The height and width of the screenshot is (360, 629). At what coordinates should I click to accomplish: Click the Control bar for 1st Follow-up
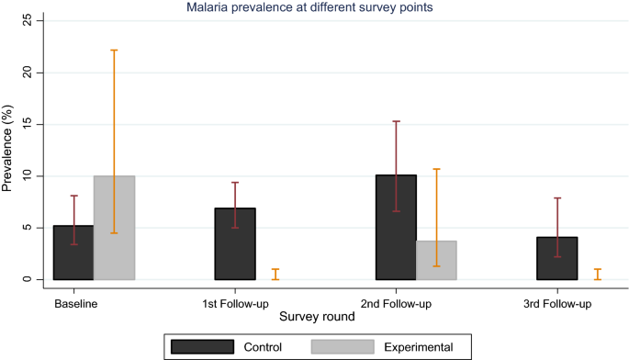coord(235,244)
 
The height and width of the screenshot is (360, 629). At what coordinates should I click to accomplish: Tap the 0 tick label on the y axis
coord(30,279)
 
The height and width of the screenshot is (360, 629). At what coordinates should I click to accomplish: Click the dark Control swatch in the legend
coord(203,346)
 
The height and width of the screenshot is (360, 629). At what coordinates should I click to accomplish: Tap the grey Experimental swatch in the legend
coord(343,346)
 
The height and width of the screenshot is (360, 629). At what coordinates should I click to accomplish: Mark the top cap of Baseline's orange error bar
coord(114,50)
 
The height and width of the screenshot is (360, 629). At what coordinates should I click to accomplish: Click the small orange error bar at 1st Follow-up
coord(275,274)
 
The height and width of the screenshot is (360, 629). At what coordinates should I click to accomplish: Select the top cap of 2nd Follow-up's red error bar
coord(396,121)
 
